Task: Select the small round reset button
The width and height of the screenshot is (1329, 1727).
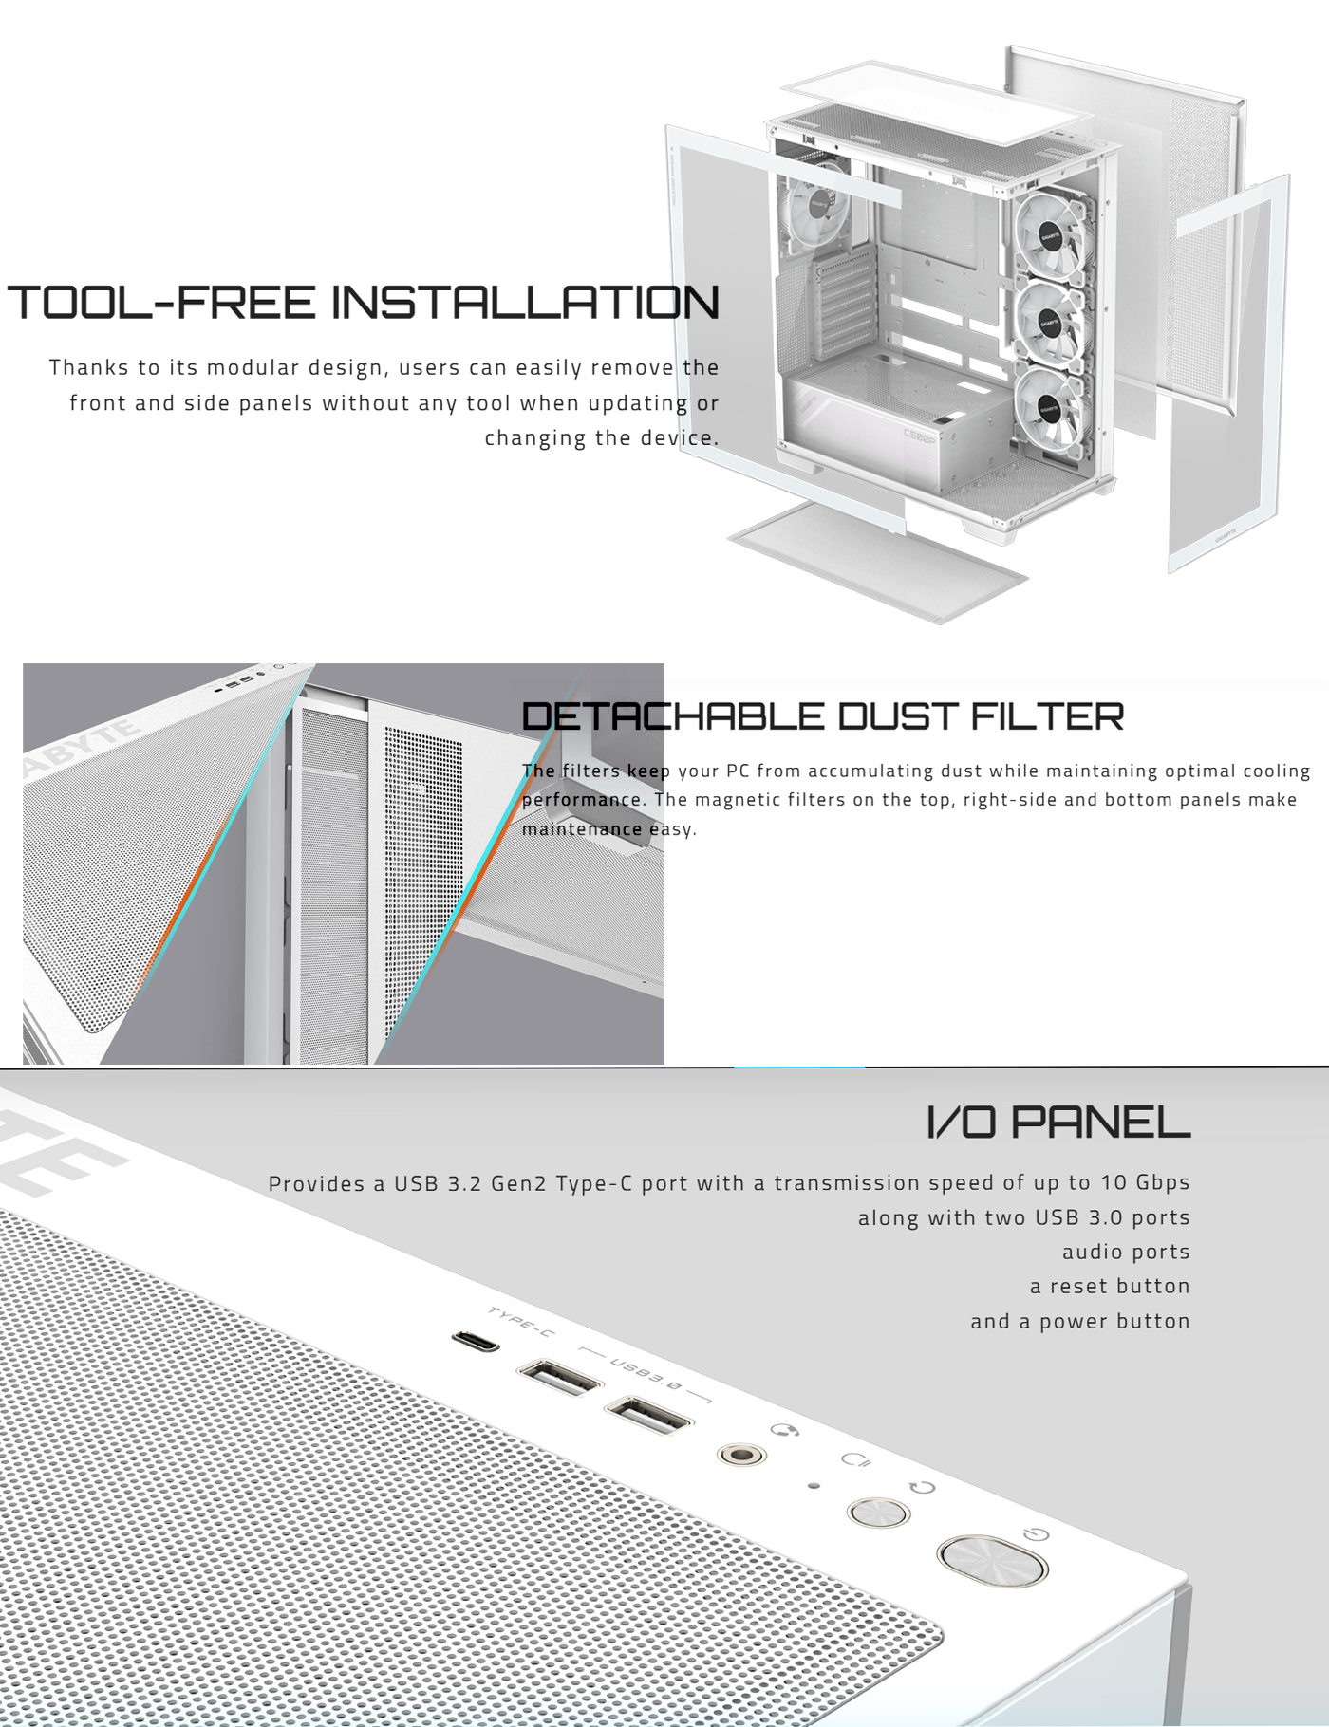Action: point(878,1512)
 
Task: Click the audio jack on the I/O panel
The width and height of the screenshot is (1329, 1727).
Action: point(741,1454)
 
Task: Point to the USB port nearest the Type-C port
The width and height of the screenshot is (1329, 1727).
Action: point(559,1376)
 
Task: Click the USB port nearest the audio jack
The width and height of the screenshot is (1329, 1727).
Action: point(648,1416)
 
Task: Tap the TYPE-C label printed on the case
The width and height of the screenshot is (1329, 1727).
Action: point(521,1321)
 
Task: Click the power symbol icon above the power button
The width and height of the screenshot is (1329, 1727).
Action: point(1037,1533)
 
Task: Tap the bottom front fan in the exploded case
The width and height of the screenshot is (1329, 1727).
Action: point(1049,409)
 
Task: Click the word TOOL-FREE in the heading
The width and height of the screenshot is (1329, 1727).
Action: point(162,302)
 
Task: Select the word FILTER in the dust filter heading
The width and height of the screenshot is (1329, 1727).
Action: point(1047,716)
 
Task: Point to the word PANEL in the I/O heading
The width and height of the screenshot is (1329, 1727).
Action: point(1100,1122)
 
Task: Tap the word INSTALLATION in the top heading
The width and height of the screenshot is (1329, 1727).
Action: point(525,302)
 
